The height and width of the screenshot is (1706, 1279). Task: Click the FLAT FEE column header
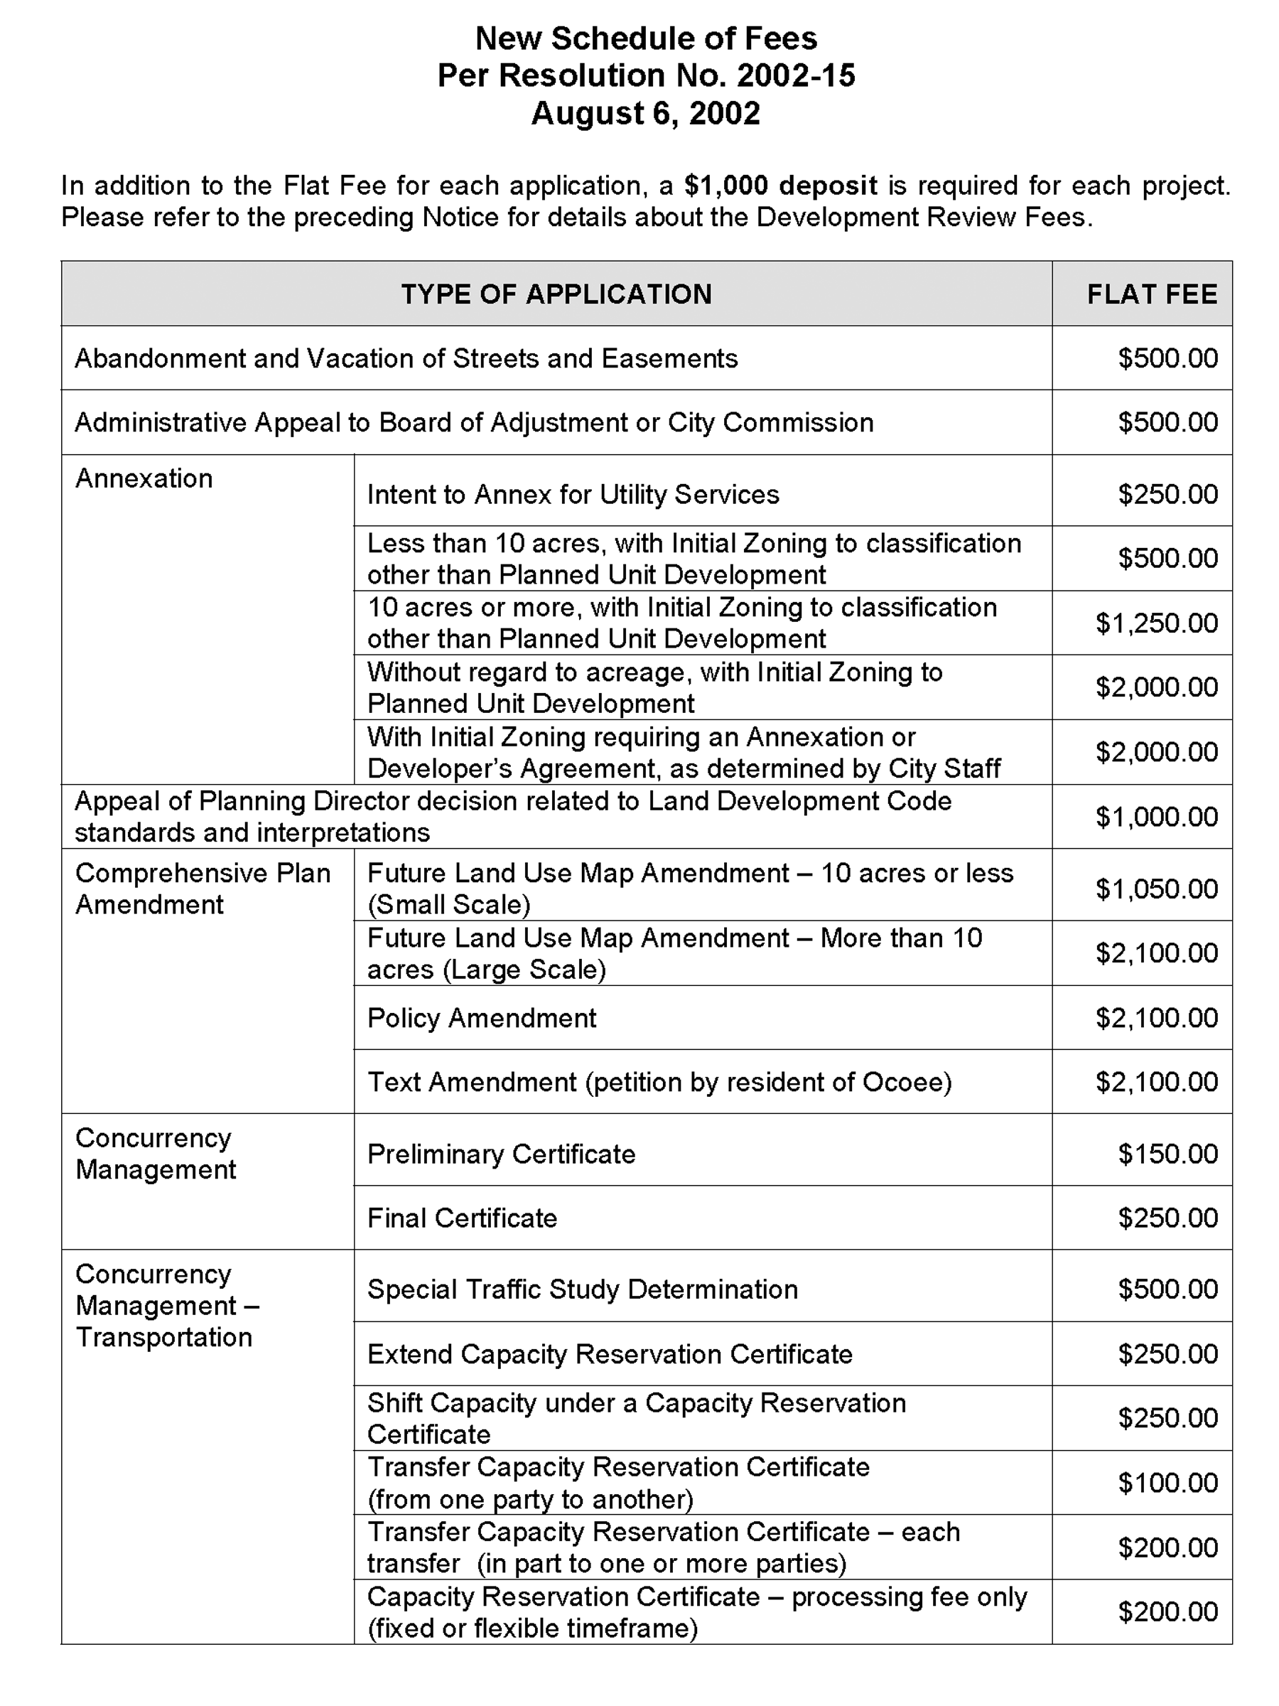[x=1151, y=294]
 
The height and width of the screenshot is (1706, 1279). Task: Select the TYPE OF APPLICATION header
[x=556, y=294]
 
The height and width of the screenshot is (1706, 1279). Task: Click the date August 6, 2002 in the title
[x=645, y=113]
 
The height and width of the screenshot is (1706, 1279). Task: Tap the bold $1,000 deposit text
[x=780, y=186]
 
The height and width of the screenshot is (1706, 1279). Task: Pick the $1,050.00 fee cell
[x=1156, y=889]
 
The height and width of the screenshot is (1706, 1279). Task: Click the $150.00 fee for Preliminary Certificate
[x=1167, y=1154]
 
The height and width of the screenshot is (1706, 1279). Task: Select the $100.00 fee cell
[x=1167, y=1482]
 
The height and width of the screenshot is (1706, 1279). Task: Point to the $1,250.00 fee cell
[x=1156, y=623]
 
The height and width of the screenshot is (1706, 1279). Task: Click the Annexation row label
[x=144, y=479]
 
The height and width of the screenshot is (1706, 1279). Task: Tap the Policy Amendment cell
[x=482, y=1018]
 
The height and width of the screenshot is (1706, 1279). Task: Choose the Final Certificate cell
[x=462, y=1218]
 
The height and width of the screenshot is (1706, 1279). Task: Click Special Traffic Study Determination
[x=582, y=1289]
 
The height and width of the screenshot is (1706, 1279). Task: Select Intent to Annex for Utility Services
[x=573, y=494]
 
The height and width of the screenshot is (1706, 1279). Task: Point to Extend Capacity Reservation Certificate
[x=610, y=1354]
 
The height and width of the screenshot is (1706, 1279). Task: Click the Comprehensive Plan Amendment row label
[x=203, y=889]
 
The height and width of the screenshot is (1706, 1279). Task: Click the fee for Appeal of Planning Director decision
[x=1156, y=817]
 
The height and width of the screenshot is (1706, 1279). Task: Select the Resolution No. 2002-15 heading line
[x=645, y=75]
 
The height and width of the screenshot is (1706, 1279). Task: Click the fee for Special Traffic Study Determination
[x=1167, y=1289]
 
